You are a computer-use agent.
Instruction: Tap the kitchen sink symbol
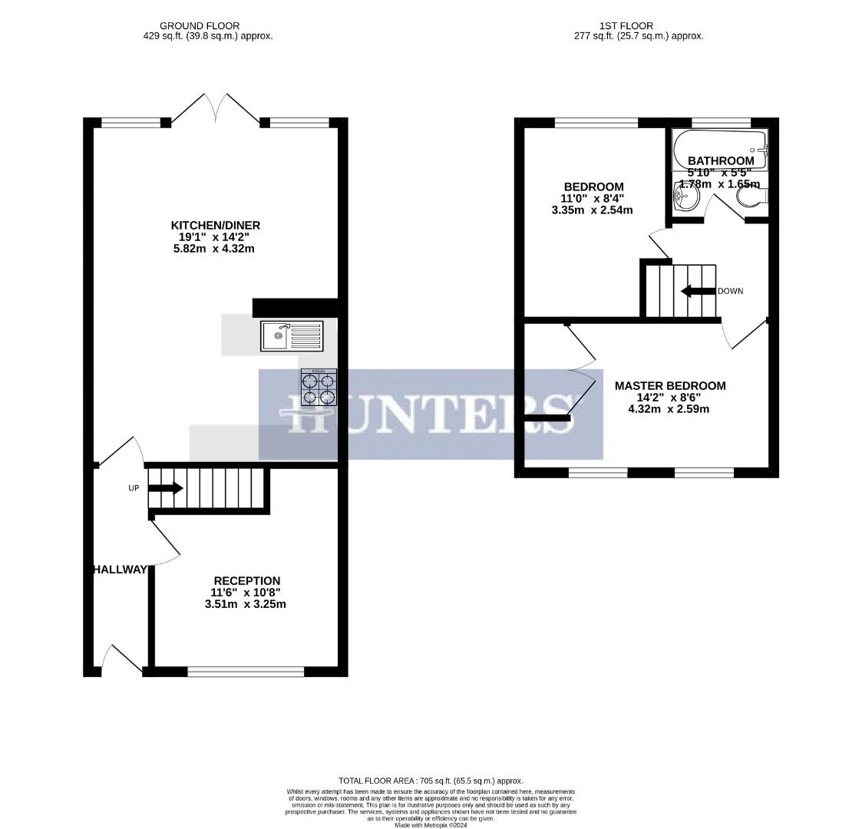[292, 335]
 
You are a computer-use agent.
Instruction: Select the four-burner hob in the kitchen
[319, 388]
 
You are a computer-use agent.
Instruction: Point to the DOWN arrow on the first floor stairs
[697, 291]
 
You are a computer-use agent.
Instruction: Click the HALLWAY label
[120, 570]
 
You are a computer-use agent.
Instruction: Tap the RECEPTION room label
[246, 580]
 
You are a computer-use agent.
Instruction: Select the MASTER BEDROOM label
[669, 385]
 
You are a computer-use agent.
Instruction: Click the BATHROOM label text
[720, 160]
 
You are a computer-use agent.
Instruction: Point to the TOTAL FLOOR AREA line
[431, 780]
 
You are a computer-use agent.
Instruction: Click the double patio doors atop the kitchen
[215, 110]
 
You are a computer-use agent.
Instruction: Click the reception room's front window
[246, 672]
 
